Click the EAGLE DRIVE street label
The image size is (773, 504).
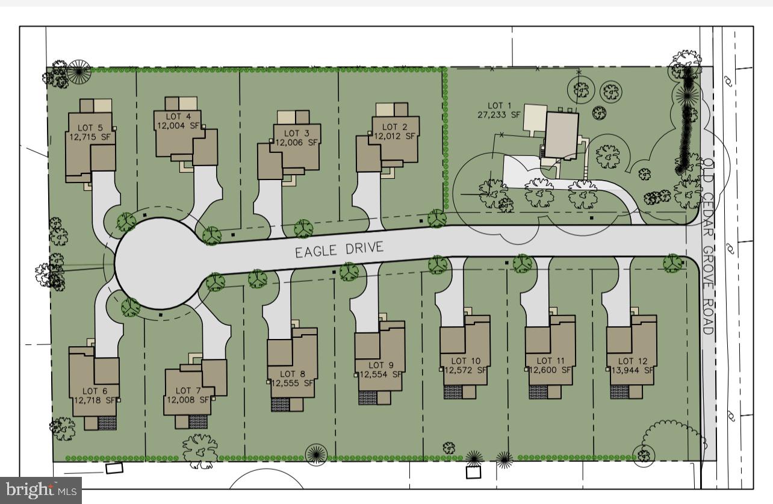(x=339, y=250)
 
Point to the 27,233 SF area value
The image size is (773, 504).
(x=498, y=114)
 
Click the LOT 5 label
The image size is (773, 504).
(x=90, y=127)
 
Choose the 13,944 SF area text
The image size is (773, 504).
(x=632, y=370)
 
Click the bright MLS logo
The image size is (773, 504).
(x=40, y=490)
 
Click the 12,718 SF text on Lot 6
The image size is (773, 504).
(x=95, y=399)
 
